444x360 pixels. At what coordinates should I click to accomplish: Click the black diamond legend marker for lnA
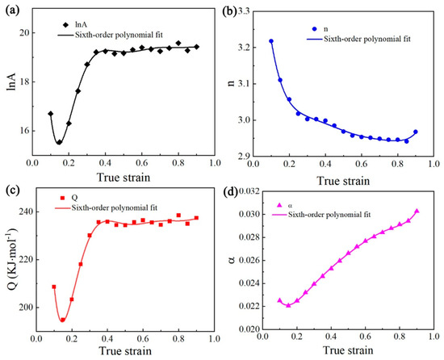[65, 25]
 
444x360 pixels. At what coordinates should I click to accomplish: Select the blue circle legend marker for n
[314, 29]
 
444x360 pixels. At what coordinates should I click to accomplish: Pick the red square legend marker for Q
[63, 198]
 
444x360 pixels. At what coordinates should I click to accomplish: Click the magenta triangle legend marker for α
[280, 205]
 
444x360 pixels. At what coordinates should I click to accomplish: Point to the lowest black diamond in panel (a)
[59, 142]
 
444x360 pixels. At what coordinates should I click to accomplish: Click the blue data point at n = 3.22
[271, 41]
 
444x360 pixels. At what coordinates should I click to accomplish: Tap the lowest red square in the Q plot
[63, 320]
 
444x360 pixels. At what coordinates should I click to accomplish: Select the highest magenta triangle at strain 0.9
[417, 211]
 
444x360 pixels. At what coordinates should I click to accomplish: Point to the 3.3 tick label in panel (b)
[244, 11]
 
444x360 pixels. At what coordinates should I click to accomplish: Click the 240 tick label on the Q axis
[25, 211]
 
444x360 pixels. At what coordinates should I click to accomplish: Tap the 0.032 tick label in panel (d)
[249, 191]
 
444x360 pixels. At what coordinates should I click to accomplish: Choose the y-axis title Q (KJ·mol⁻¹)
[12, 259]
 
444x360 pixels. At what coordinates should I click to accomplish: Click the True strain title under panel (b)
[343, 181]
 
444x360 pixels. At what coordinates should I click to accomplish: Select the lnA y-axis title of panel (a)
[12, 82]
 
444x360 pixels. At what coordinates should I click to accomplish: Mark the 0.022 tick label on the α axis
[249, 307]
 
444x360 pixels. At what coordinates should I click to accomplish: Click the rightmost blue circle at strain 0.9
[416, 132]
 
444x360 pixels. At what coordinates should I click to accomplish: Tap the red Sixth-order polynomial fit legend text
[115, 208]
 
